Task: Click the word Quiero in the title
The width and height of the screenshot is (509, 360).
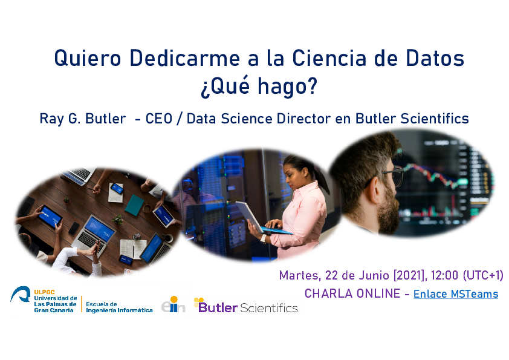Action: (88, 58)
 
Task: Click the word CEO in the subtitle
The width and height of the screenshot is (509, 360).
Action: (159, 119)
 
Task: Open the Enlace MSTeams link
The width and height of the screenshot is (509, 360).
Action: (456, 293)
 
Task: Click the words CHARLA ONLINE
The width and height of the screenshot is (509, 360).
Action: (352, 293)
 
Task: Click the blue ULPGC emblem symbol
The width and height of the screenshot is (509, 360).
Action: (21, 295)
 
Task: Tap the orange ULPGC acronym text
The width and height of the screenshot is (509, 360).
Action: (45, 292)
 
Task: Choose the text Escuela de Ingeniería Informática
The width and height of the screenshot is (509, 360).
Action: (119, 307)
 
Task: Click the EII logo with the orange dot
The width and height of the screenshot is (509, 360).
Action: (173, 305)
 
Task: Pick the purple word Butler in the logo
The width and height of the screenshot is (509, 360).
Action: (218, 307)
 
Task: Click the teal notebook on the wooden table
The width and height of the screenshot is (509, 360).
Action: (134, 205)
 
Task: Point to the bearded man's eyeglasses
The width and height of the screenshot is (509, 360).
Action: (394, 175)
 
